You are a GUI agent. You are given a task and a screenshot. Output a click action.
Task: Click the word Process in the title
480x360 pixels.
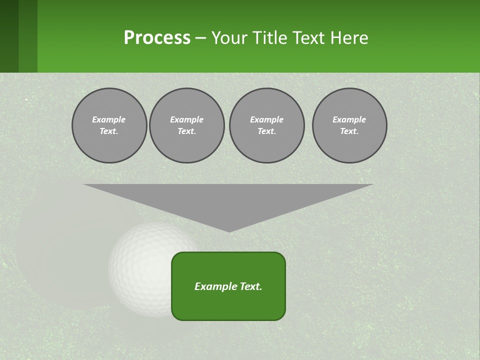tap(157, 38)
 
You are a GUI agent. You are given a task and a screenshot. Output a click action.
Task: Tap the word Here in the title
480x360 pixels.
tap(348, 38)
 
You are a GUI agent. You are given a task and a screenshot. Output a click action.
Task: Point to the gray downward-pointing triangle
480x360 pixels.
tap(228, 200)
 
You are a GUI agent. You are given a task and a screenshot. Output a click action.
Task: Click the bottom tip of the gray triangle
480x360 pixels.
tap(229, 230)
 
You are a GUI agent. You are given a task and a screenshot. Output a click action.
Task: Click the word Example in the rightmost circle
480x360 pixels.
tap(349, 119)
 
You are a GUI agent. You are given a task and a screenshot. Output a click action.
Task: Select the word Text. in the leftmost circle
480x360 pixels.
tap(109, 131)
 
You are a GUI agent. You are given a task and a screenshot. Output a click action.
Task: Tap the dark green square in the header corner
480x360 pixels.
tap(9, 36)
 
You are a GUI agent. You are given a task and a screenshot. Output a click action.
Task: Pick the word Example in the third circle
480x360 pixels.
tap(267, 119)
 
